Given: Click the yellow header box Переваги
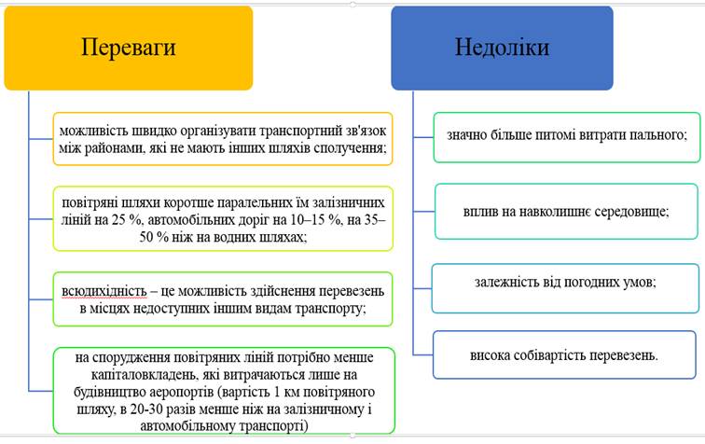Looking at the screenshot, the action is click(x=129, y=48).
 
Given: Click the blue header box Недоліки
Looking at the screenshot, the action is click(x=503, y=48).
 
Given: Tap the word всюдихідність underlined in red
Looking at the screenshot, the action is click(x=104, y=292).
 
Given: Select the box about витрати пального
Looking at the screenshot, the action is click(x=567, y=137).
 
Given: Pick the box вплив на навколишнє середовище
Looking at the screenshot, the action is click(x=566, y=211).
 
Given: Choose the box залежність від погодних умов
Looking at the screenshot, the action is click(x=565, y=288).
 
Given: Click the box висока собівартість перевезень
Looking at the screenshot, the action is click(x=564, y=355).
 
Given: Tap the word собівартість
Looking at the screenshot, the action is click(x=550, y=355).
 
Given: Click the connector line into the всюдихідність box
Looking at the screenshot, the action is click(x=41, y=299).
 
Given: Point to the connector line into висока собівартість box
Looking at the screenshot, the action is click(x=423, y=355).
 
